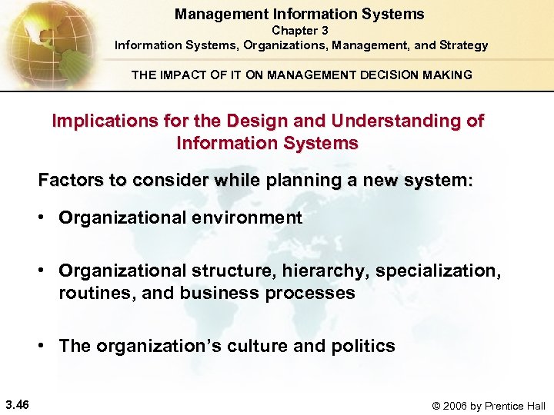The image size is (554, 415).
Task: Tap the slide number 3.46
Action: (17, 405)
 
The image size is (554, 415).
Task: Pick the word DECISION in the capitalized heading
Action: (393, 75)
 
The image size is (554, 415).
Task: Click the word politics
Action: (362, 346)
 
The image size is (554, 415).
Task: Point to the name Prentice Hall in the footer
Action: (515, 406)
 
